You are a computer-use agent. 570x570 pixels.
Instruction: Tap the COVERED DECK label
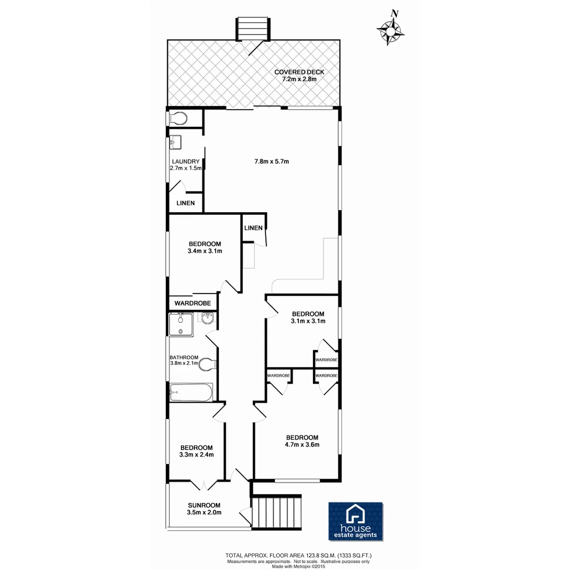point(299,72)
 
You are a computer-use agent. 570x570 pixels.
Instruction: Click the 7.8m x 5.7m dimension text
point(272,161)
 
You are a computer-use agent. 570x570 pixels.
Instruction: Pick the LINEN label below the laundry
point(185,203)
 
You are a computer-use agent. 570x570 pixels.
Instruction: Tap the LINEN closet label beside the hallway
point(253,228)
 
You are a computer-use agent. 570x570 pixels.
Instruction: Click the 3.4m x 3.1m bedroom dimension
point(204,251)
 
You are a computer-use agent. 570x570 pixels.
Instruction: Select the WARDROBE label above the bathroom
point(193,303)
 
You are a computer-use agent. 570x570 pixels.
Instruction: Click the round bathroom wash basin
point(208,318)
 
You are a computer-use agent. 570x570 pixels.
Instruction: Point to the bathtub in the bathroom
point(191,392)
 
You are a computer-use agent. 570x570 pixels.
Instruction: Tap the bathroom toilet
point(208,363)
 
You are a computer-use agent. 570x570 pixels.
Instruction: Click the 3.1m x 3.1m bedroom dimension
point(308,321)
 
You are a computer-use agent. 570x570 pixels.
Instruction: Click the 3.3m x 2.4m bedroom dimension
point(196,454)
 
